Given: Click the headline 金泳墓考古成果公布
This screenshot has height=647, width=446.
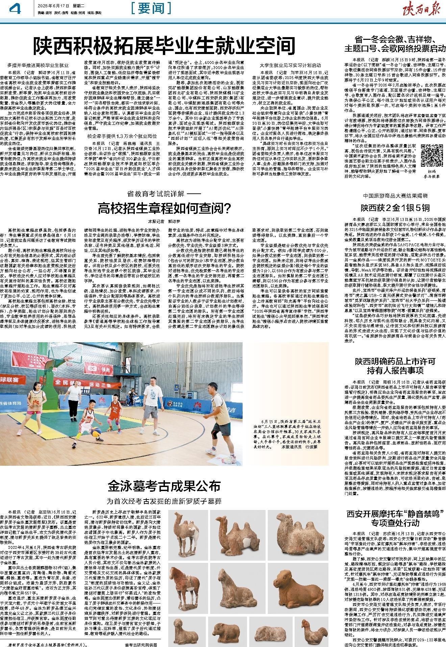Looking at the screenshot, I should (x=164, y=486).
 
